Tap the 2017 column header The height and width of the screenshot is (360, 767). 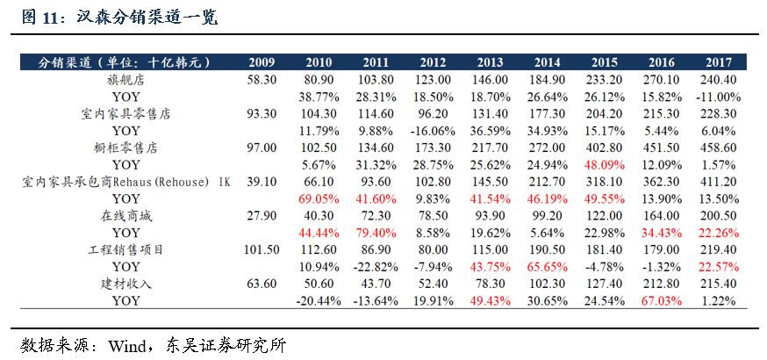[x=718, y=63]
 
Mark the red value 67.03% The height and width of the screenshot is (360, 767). [x=661, y=301]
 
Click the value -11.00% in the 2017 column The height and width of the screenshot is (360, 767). [x=716, y=96]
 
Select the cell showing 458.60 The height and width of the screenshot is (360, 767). [x=718, y=148]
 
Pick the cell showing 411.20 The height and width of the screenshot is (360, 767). [x=718, y=182]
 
